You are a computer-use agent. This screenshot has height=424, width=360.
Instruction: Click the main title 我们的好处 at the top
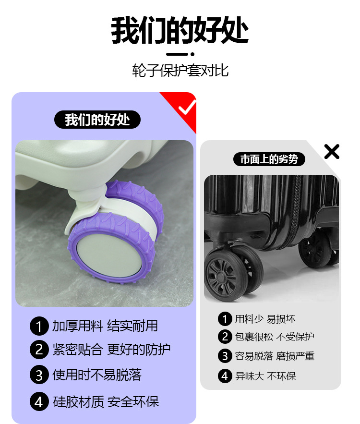point(180,30)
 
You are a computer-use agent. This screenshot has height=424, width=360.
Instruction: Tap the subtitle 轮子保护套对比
point(180,71)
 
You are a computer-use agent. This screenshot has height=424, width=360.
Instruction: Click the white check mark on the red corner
point(187,107)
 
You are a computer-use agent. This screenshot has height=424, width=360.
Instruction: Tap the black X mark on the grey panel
point(332,151)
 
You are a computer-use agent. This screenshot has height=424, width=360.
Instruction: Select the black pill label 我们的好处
point(97,120)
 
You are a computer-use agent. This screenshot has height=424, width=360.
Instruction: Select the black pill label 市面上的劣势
point(269,159)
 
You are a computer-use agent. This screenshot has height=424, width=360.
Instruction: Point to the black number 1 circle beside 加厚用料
point(39,326)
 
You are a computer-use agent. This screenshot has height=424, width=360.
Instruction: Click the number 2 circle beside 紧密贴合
point(39,350)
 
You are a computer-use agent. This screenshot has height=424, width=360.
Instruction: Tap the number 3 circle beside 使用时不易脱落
point(39,375)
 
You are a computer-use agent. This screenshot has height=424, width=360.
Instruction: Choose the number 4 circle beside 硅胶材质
point(39,401)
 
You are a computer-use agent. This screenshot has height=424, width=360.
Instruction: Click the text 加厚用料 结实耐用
point(105,326)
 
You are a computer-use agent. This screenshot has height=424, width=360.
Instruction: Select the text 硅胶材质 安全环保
point(106,402)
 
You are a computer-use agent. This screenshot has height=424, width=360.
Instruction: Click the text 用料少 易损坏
point(265,319)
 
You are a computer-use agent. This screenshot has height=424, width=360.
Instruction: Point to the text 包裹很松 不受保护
point(275,337)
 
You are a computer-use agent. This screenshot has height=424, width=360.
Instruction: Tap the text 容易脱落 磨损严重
point(275,356)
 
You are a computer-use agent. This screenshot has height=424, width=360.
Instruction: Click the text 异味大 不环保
point(265,376)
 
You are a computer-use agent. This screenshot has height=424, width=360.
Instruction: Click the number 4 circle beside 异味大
point(225,376)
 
